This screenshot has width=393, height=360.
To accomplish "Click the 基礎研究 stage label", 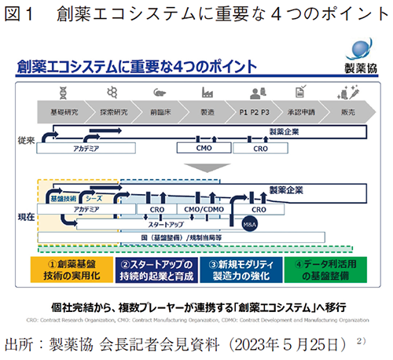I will pos(64,112).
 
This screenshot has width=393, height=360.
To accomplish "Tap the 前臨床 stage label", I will pos(162,112).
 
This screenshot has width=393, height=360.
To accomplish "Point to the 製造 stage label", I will pos(208,112).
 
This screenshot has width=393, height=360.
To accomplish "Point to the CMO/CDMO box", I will pos(203,211).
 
